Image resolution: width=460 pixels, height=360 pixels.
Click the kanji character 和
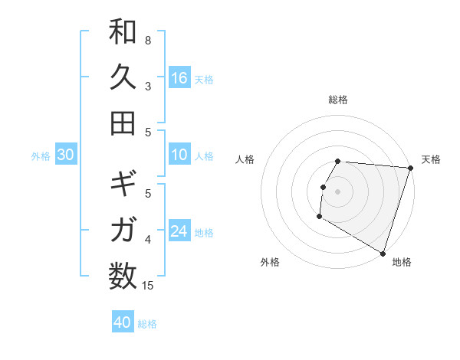click(123, 32)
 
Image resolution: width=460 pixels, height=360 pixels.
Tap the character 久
click(123, 77)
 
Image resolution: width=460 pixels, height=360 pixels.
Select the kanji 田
click(123, 123)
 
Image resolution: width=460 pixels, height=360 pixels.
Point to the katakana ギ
click(123, 185)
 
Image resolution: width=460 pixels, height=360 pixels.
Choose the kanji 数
click(123, 275)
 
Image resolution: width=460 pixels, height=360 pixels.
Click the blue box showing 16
click(179, 77)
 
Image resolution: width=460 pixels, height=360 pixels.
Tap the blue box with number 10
click(179, 155)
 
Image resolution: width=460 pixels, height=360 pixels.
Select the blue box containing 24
click(179, 231)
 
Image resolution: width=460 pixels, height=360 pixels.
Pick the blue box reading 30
click(65, 155)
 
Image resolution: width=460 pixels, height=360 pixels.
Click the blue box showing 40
click(123, 322)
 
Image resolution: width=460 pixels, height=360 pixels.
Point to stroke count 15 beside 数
click(148, 286)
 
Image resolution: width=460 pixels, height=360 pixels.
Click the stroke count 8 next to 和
click(148, 40)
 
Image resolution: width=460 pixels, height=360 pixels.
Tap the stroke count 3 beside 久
click(148, 86)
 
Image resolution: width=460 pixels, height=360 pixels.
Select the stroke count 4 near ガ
click(148, 241)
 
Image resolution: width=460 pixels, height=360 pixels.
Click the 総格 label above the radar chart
click(338, 100)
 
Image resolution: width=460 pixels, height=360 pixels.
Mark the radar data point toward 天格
click(410, 168)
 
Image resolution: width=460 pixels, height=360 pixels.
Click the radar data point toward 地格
click(382, 253)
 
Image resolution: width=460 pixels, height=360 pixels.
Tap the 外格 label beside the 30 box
click(41, 155)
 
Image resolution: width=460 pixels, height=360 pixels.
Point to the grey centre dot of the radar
click(337, 191)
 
